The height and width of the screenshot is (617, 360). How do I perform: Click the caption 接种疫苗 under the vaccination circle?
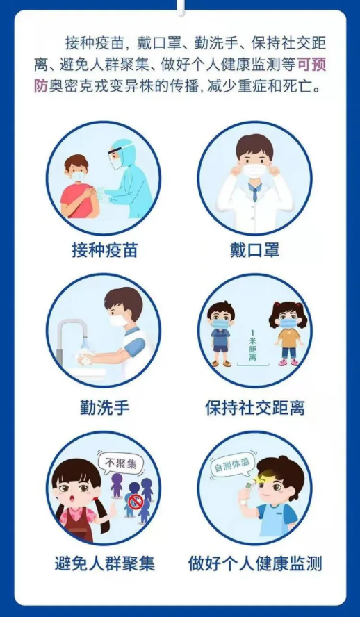[x=105, y=250]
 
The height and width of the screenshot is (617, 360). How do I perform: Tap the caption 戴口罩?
[x=254, y=250]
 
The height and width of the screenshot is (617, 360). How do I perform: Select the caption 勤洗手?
[x=105, y=408]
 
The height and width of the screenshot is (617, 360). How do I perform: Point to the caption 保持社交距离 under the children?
[x=254, y=408]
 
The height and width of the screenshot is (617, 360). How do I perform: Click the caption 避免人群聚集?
[x=105, y=563]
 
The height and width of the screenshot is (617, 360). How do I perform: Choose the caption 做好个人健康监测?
[x=255, y=563]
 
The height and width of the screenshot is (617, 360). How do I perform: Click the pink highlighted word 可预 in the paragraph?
[x=311, y=65]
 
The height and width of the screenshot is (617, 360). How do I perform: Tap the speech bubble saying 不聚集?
[x=121, y=464]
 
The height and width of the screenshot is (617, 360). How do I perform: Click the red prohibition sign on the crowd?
[x=133, y=501]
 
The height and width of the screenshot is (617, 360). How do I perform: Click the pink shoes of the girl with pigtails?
[x=288, y=363]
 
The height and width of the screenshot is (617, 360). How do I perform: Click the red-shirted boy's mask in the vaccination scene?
[x=79, y=176]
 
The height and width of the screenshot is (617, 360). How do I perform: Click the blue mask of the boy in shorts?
[x=221, y=324]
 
